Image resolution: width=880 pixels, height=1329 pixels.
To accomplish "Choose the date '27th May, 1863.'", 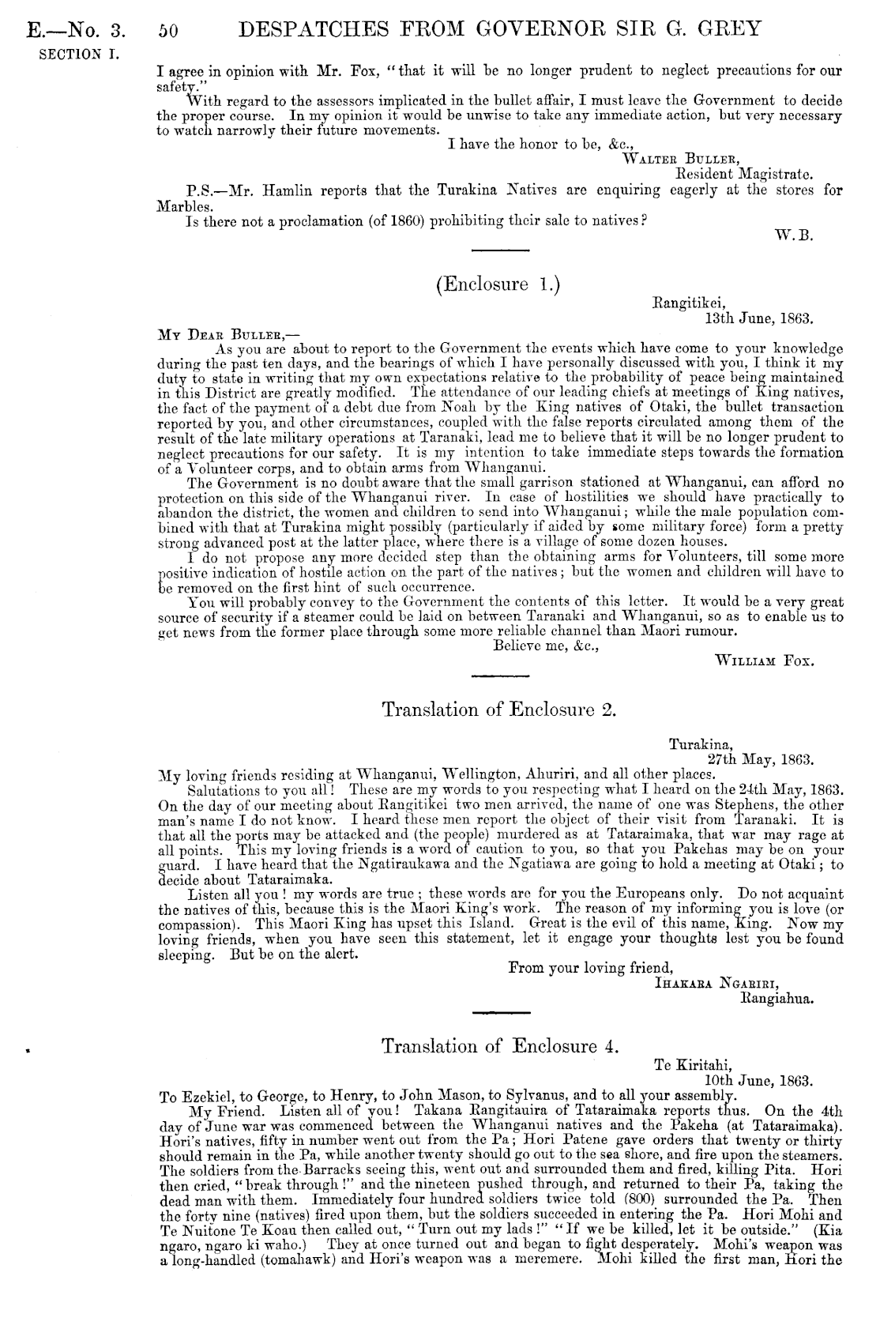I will pyautogui.click(x=760, y=759).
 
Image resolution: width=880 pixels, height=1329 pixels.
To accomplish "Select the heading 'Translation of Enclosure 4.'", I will pyautogui.click(x=498, y=1046).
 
